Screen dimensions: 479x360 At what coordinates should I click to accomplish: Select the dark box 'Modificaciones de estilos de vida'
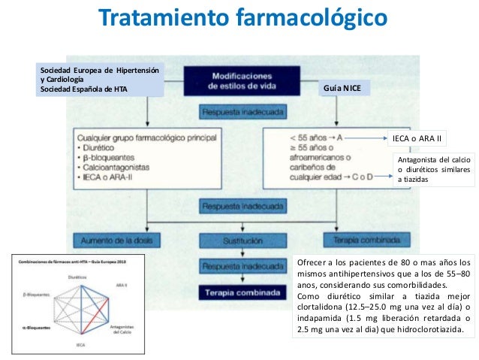click(243, 80)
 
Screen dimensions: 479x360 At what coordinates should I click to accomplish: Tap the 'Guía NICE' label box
click(341, 89)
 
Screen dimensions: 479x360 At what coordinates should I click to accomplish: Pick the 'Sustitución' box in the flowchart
click(243, 242)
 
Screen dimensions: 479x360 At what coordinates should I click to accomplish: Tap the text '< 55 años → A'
click(311, 138)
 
